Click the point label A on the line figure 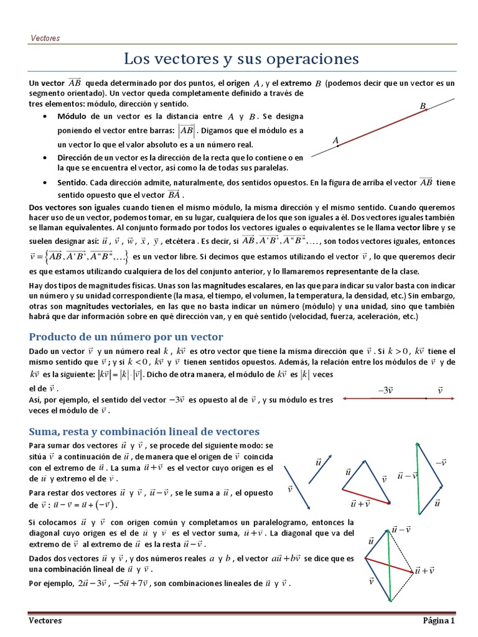[336, 141]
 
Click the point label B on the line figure [423, 106]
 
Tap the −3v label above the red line [386, 390]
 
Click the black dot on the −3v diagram [425, 398]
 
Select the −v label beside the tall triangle [441, 463]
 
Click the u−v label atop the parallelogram [401, 529]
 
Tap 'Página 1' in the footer [439, 621]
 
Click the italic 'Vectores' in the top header [45, 38]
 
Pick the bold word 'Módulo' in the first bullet [72, 116]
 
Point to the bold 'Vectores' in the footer [45, 621]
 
